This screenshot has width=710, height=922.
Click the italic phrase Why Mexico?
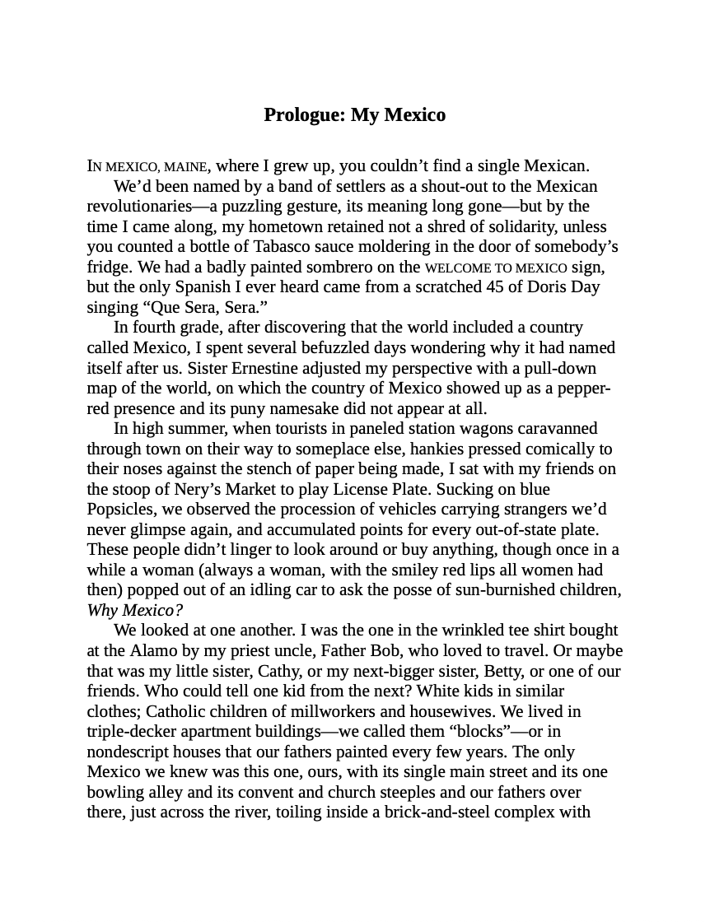[134, 611]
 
